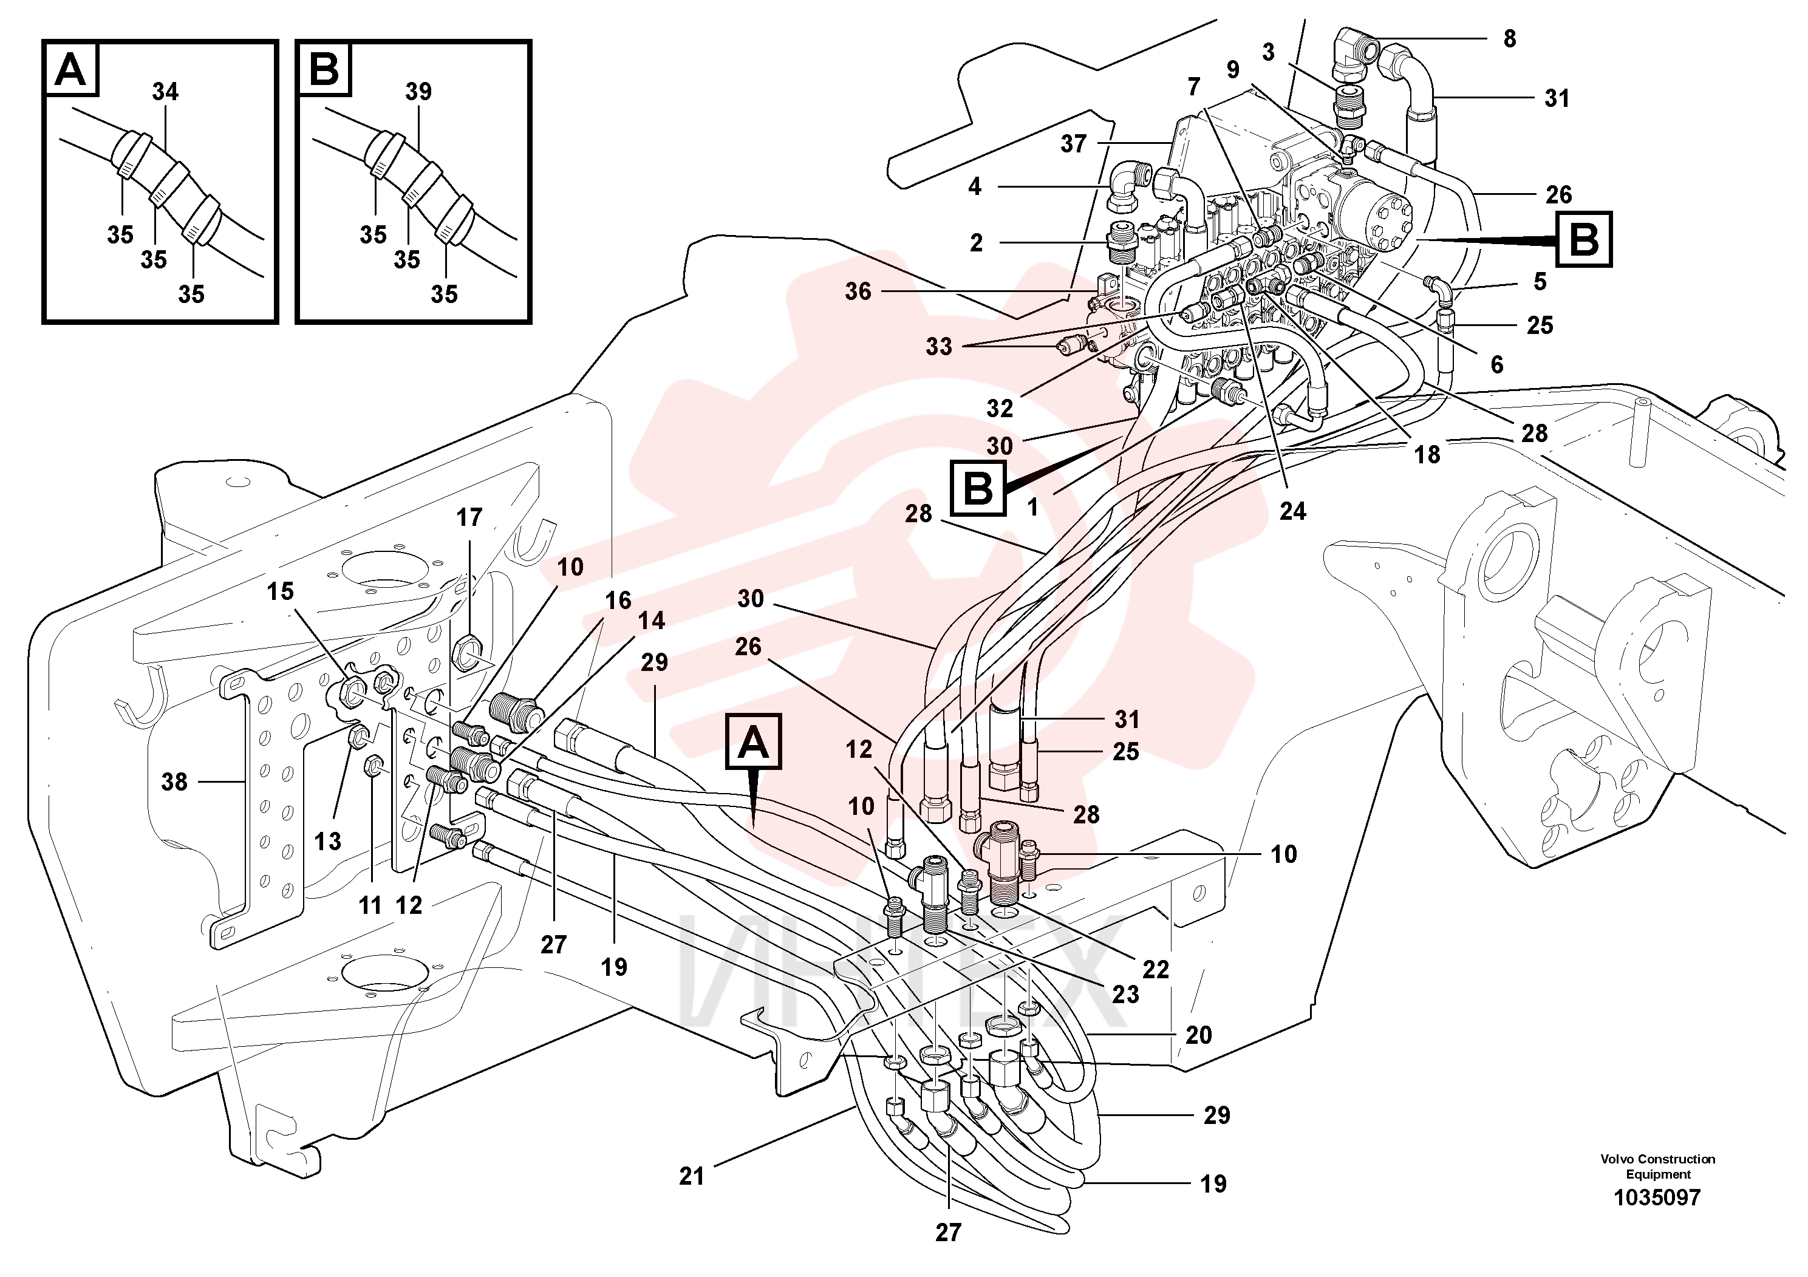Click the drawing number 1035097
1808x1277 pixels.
pyautogui.click(x=1657, y=1198)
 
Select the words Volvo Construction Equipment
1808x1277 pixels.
pyautogui.click(x=1657, y=1166)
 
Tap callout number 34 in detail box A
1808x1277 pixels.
pyautogui.click(x=165, y=92)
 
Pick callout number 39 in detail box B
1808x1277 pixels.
pyautogui.click(x=418, y=92)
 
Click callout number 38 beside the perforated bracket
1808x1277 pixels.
pyautogui.click(x=174, y=782)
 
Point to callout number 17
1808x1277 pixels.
pyautogui.click(x=469, y=517)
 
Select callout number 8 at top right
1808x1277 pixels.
pyautogui.click(x=1510, y=39)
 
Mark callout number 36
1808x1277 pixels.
pyautogui.click(x=858, y=291)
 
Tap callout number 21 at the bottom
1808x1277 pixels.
pyautogui.click(x=691, y=1176)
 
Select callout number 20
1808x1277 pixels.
pyautogui.click(x=1198, y=1035)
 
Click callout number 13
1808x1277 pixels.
pyautogui.click(x=327, y=841)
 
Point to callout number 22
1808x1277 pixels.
pyautogui.click(x=1155, y=969)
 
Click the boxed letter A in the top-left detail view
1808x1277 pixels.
pyautogui.click(x=72, y=69)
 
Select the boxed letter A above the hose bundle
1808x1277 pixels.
pyautogui.click(x=754, y=741)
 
